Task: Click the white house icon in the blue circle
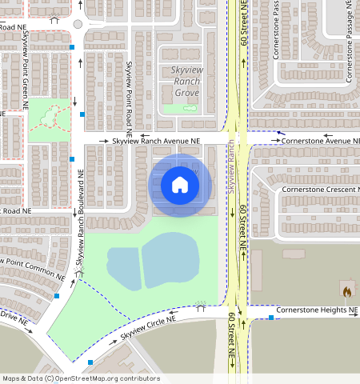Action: click(x=180, y=185)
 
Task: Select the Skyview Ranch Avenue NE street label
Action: click(x=158, y=141)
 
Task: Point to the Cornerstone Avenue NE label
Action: click(x=316, y=141)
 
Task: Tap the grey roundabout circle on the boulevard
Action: click(x=78, y=24)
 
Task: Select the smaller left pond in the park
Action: click(x=124, y=261)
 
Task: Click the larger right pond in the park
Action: click(x=170, y=255)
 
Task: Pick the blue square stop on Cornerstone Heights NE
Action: click(x=271, y=318)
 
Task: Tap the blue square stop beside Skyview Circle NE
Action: click(x=90, y=362)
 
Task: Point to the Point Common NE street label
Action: click(x=32, y=268)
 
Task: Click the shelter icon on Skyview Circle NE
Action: click(x=200, y=306)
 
